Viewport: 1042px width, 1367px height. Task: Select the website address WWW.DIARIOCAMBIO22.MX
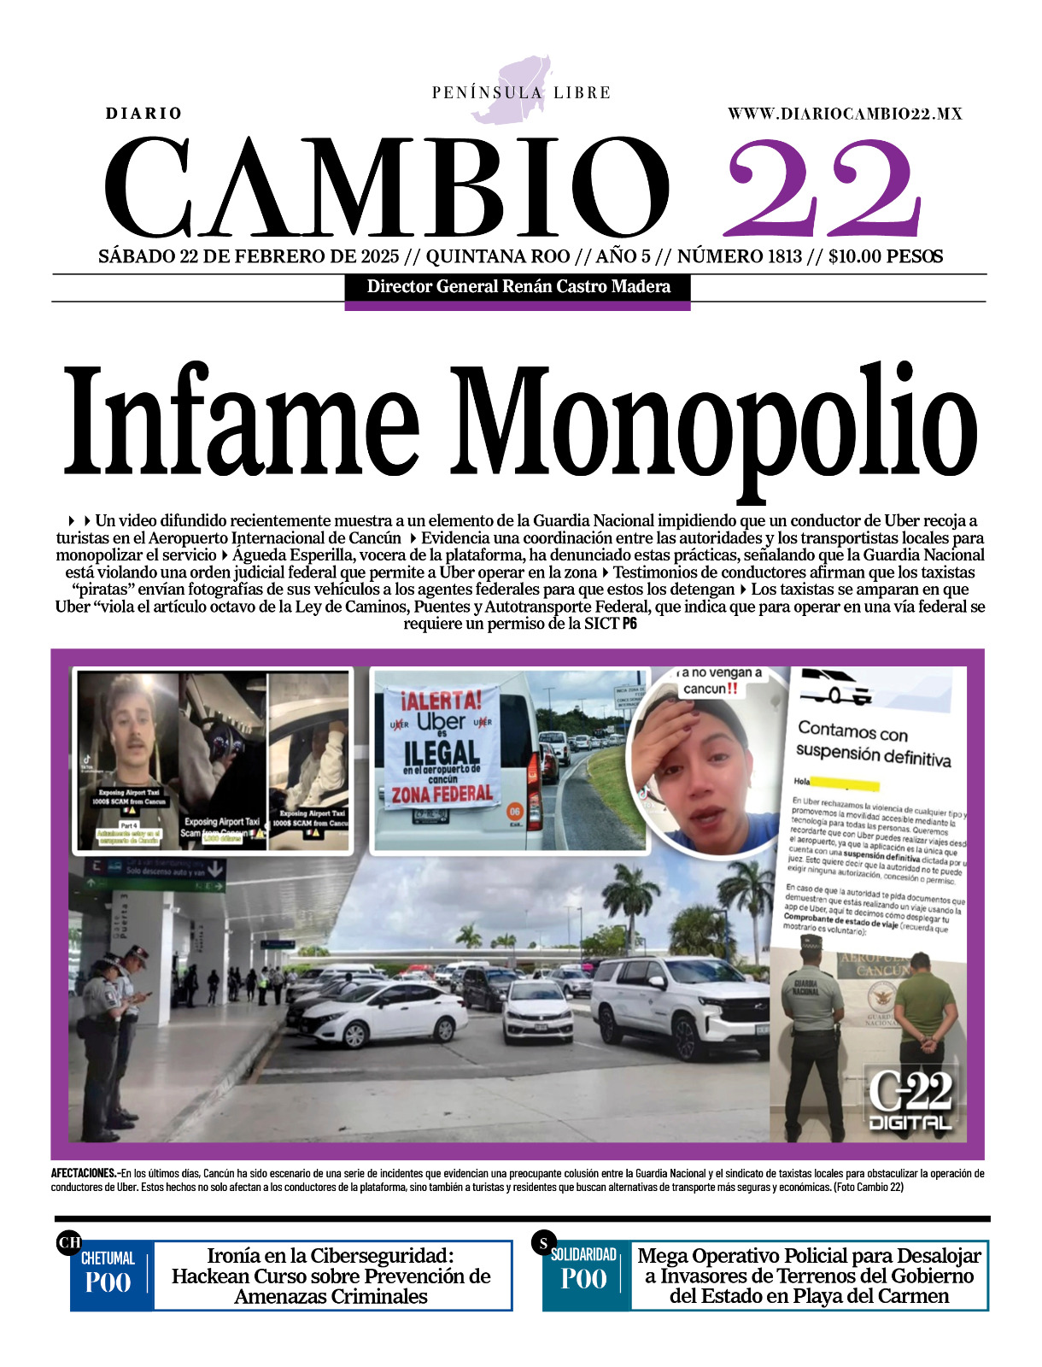[845, 114]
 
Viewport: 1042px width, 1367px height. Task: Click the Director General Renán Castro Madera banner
[518, 287]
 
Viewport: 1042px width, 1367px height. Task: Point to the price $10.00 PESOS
[886, 256]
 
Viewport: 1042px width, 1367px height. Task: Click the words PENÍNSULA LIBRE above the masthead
[521, 92]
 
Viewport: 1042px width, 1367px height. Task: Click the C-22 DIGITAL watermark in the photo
[910, 1100]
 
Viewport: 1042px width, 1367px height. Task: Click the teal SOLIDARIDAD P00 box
[585, 1275]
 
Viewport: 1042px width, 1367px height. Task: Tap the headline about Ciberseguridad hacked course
[331, 1276]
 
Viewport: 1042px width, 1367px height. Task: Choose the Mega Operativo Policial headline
[809, 1276]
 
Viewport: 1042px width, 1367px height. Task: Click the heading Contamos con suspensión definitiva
[871, 743]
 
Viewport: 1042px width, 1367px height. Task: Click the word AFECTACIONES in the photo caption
[83, 1173]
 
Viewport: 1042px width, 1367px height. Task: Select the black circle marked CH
[69, 1242]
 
